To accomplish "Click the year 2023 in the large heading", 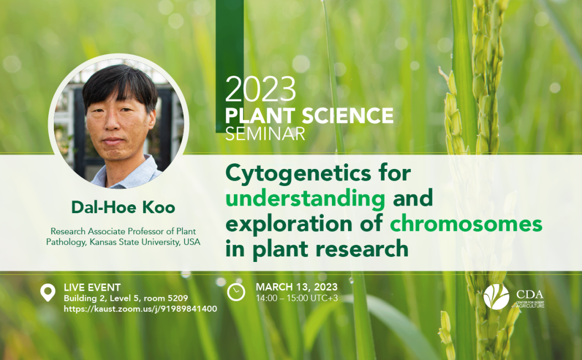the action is click(x=261, y=89).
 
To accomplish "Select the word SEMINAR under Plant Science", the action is click(x=265, y=133).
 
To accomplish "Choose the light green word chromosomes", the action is click(x=466, y=224).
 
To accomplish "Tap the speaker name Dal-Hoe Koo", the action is click(x=123, y=208).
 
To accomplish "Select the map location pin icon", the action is click(x=48, y=292).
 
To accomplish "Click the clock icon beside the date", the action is click(x=236, y=292).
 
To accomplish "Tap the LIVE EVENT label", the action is click(x=92, y=287).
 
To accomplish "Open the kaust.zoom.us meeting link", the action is click(x=140, y=309).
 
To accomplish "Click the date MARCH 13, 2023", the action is click(x=297, y=287).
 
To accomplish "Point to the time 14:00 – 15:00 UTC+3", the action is click(x=297, y=298).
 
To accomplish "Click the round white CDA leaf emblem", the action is click(x=496, y=297).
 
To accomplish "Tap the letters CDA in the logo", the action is click(x=530, y=295).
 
